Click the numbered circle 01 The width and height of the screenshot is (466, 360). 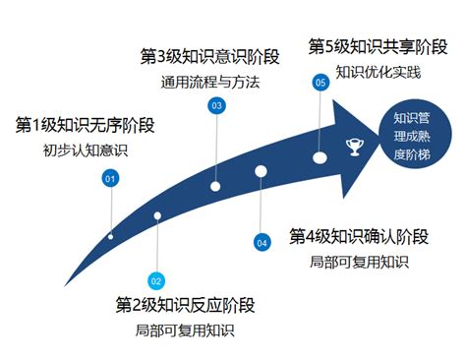click(x=110, y=178)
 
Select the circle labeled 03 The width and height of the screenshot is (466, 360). click(x=216, y=104)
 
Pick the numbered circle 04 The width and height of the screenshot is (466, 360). click(x=262, y=241)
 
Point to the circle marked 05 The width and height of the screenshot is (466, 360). click(x=320, y=84)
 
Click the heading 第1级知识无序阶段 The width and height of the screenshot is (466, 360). click(x=86, y=126)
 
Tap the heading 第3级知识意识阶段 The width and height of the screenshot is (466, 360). click(x=209, y=55)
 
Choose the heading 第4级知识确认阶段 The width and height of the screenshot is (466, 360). click(x=359, y=236)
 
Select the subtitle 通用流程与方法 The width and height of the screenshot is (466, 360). click(x=209, y=82)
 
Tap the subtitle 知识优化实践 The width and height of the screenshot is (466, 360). click(x=378, y=72)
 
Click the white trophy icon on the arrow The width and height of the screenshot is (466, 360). click(x=354, y=148)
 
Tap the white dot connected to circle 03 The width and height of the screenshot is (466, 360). click(x=215, y=186)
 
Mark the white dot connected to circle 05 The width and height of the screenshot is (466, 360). click(x=320, y=157)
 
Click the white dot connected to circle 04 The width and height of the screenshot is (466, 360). click(x=261, y=171)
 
